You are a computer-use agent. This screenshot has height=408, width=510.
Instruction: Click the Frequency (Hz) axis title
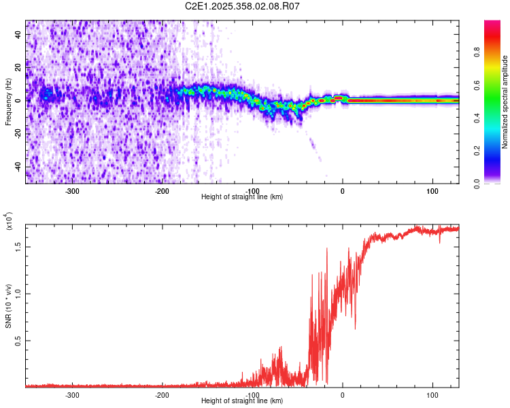[7, 102]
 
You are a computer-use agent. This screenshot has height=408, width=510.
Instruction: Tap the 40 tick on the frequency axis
[18, 33]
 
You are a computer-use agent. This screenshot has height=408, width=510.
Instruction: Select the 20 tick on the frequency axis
[18, 67]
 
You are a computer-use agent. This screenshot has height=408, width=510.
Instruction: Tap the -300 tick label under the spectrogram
[72, 190]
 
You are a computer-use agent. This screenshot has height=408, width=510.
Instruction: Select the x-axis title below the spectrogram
[242, 197]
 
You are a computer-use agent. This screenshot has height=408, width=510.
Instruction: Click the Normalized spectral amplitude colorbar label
[505, 102]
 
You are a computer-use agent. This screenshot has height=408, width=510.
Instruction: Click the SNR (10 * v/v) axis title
[8, 306]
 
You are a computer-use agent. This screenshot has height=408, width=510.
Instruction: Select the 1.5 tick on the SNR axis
[18, 247]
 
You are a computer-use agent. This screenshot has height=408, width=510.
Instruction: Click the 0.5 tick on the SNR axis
[18, 341]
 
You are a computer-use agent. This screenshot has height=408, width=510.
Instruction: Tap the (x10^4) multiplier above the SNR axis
[8, 222]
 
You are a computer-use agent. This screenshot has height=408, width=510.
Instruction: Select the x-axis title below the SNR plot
[242, 401]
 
